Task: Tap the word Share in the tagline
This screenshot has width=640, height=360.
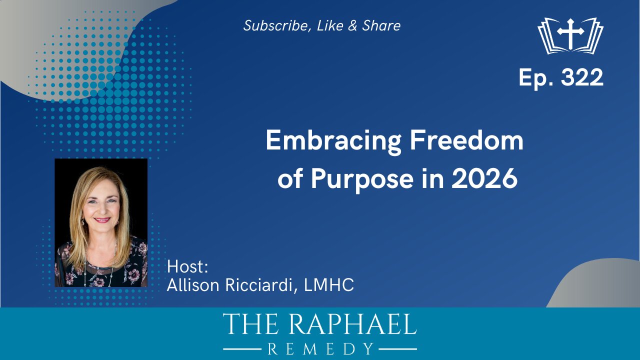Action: point(381,26)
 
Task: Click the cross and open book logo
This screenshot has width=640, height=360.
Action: point(570,35)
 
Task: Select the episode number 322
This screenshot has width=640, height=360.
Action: point(582,78)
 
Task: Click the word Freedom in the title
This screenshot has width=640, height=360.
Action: point(466,141)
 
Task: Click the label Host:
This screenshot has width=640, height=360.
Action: point(187,266)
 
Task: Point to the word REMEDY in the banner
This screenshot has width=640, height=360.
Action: point(320,348)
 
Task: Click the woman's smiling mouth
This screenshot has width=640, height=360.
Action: point(101,219)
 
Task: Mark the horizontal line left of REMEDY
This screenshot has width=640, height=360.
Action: point(242,348)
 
